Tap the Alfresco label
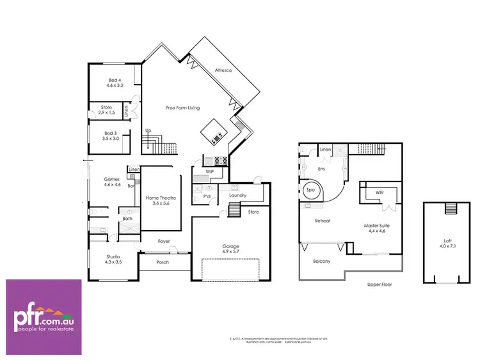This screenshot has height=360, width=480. pos(223,71)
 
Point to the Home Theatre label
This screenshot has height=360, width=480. pos(161,198)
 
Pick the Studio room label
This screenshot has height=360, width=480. pos(113,257)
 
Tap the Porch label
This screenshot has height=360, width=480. pos(163,262)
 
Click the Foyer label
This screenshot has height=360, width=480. pos(164,242)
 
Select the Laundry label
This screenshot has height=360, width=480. pos(238,196)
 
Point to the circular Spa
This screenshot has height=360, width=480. pos(312,190)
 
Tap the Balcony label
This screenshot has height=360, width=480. pos(322,261)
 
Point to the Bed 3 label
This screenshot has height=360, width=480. pos(111,136)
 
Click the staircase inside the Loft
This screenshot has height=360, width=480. pos(449,208)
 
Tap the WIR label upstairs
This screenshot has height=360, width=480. pos(379,192)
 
